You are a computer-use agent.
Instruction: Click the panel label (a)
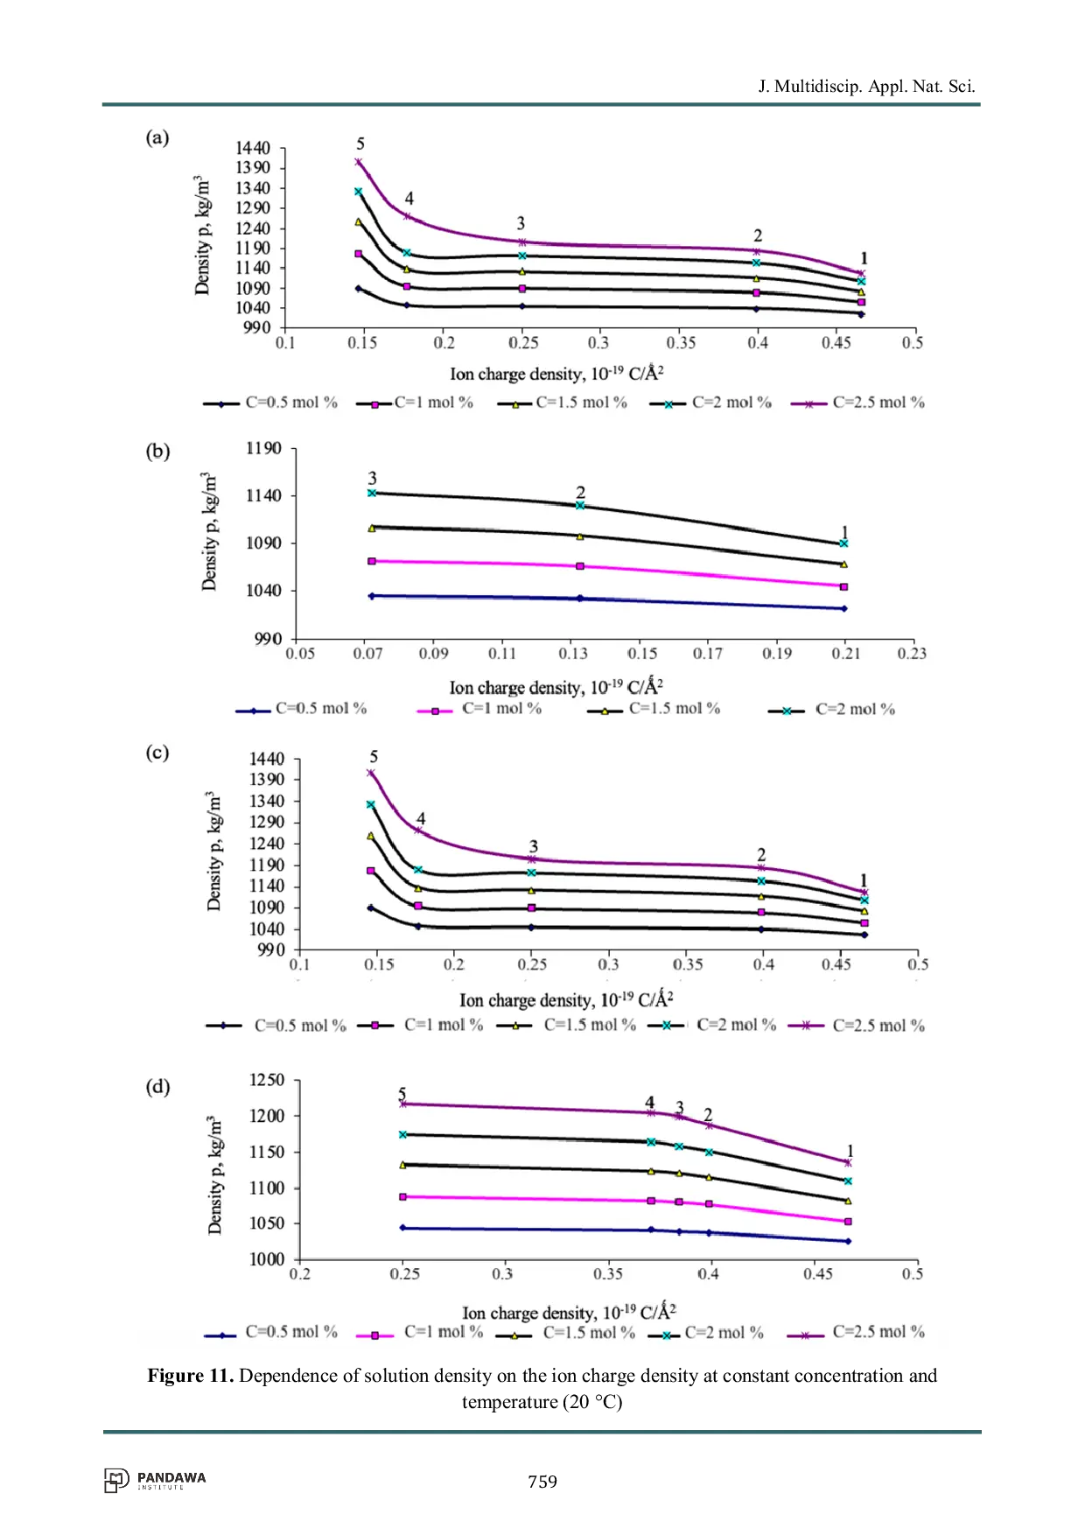click(x=157, y=137)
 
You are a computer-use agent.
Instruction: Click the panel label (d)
click(x=157, y=1087)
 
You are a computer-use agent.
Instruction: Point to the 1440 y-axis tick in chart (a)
click(x=253, y=148)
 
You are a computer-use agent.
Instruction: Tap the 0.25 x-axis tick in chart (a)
click(x=523, y=343)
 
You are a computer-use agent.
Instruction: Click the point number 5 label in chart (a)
click(x=360, y=144)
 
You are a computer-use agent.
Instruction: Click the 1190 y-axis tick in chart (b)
click(x=263, y=449)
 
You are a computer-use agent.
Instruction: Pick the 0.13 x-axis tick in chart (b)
click(x=573, y=654)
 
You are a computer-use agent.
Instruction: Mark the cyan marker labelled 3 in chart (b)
click(x=372, y=494)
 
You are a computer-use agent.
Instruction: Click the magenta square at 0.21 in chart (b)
click(x=843, y=587)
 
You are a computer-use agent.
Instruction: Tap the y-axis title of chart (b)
click(x=209, y=532)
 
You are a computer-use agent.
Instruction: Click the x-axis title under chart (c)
click(x=566, y=1000)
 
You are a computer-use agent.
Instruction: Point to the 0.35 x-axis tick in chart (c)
click(x=688, y=964)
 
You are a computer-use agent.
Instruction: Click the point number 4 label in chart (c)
click(x=421, y=819)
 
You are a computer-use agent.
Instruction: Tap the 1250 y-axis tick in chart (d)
click(x=267, y=1080)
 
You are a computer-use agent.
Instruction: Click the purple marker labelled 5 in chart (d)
click(x=403, y=1104)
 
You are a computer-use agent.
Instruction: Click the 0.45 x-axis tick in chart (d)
click(x=818, y=1274)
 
